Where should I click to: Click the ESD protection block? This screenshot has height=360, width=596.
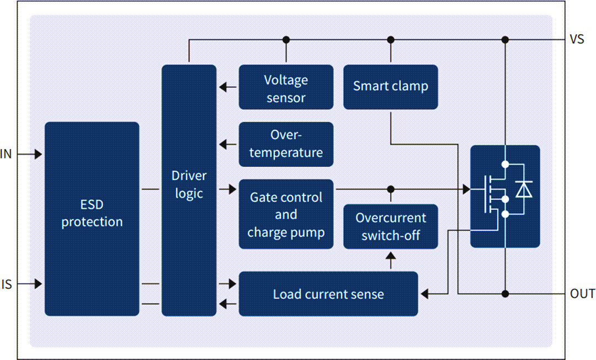(x=92, y=219)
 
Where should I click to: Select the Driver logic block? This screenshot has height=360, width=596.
(x=189, y=190)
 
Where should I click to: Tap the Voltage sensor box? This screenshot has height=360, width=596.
(x=286, y=87)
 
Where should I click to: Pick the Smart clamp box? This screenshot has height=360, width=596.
(x=391, y=87)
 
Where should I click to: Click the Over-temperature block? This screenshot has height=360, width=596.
(x=286, y=144)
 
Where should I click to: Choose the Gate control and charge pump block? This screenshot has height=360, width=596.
(x=286, y=214)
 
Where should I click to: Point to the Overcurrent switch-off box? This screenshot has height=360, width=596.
(x=391, y=226)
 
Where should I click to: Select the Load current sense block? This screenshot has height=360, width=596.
(x=328, y=294)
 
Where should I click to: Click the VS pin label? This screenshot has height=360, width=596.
(x=577, y=40)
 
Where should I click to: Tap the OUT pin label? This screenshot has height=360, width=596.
(x=582, y=294)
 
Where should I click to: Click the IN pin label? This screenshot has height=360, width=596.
(x=7, y=155)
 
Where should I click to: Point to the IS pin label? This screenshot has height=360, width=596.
(x=7, y=285)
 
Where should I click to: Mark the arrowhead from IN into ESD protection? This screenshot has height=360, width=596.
(x=38, y=155)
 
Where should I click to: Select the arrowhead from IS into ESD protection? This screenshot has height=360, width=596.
(x=38, y=284)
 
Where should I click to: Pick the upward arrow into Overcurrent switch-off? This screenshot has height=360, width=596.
(x=391, y=258)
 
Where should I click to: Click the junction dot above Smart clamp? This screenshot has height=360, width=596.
(x=391, y=40)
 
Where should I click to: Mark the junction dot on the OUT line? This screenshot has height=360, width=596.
(x=505, y=293)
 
